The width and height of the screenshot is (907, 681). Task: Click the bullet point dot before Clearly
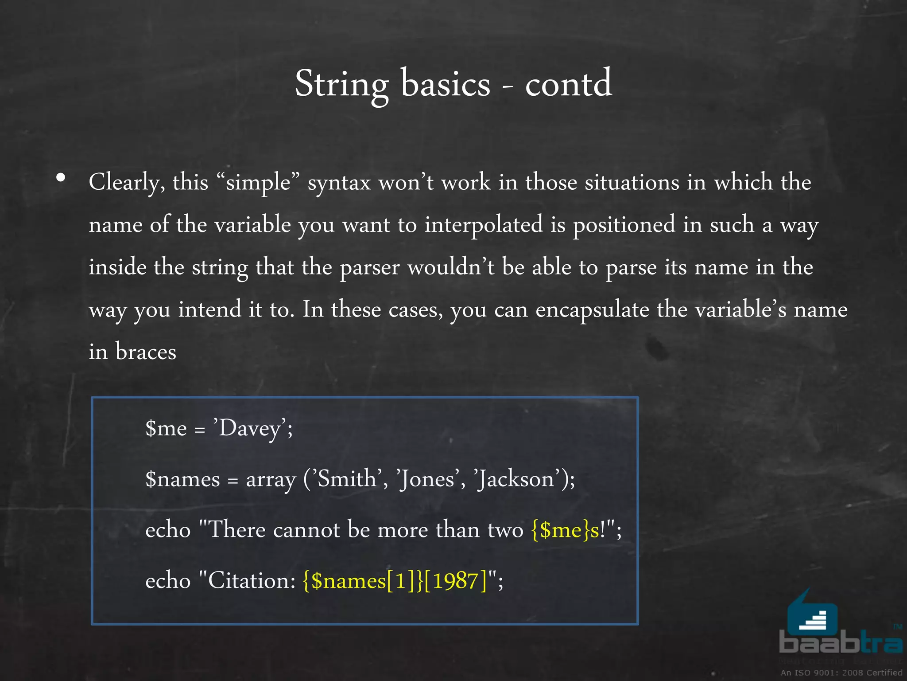pos(61,178)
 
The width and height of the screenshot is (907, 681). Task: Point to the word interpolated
pos(484,224)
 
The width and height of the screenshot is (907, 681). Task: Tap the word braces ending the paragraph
pos(146,352)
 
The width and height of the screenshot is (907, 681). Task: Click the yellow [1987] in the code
pos(455,581)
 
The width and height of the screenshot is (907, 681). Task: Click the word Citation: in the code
pos(252,581)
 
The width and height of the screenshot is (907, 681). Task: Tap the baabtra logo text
pos(840,642)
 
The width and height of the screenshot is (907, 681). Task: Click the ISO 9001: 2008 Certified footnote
pos(841,673)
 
